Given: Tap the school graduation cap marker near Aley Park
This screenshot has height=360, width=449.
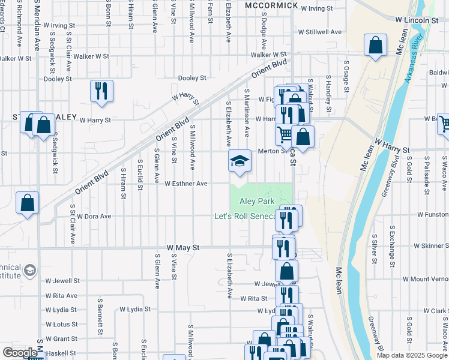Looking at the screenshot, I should click(240, 161).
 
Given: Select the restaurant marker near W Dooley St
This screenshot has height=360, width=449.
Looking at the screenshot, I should click(100, 92).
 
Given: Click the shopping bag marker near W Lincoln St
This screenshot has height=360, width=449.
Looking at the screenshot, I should click(375, 46).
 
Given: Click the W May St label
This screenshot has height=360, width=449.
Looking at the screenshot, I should click(182, 247).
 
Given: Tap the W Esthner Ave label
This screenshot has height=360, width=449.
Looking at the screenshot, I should click(185, 184).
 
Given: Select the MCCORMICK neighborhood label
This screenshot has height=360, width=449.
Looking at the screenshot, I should click(271, 5).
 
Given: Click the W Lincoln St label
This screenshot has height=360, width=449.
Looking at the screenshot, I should click(417, 20).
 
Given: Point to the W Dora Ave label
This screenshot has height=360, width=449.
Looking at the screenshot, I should click(94, 216).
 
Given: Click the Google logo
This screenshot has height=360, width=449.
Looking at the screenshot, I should click(20, 353).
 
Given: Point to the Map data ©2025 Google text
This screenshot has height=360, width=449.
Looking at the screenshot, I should click(411, 355).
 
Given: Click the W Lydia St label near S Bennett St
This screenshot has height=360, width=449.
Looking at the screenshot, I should click(134, 309).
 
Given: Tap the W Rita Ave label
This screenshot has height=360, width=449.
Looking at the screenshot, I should click(61, 296).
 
